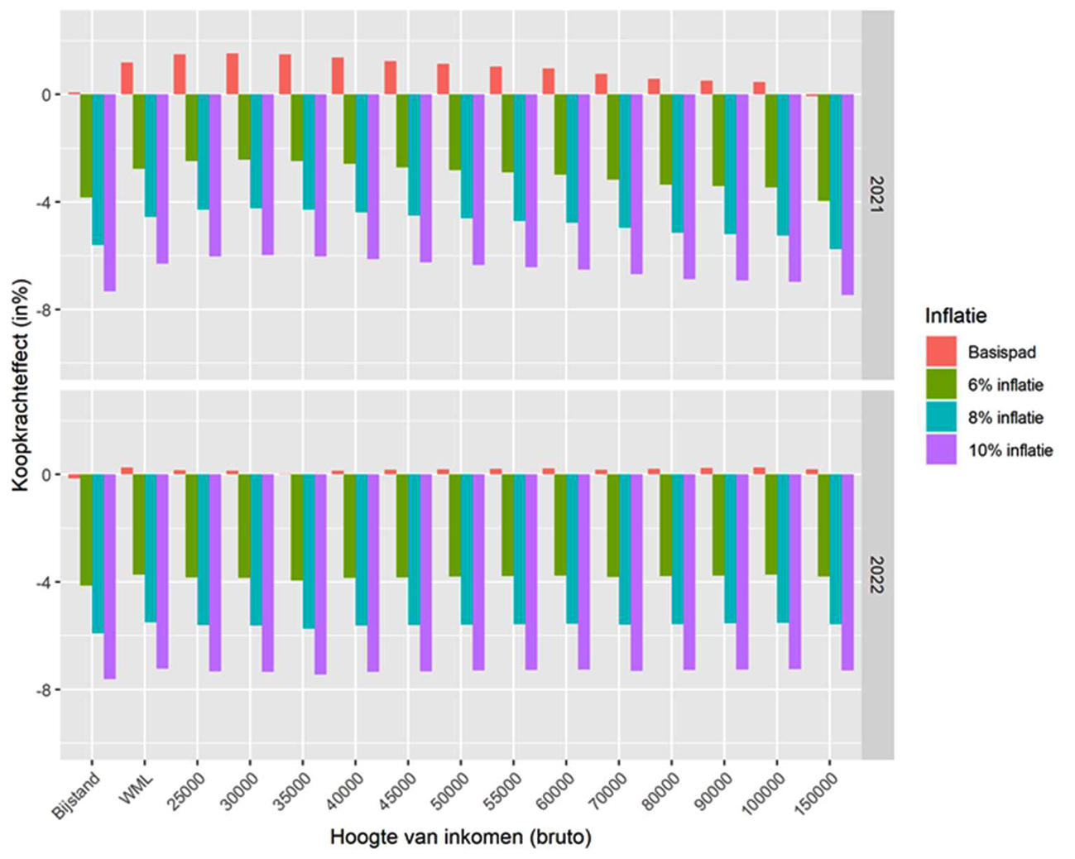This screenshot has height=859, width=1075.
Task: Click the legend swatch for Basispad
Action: [x=941, y=352]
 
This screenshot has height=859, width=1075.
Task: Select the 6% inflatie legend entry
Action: [x=1005, y=385]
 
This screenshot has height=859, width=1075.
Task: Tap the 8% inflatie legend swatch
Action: [x=941, y=417]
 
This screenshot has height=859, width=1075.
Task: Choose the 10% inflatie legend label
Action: [x=1010, y=450]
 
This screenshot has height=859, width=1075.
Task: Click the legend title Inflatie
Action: [x=955, y=316]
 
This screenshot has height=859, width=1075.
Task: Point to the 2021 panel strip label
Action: [x=877, y=194]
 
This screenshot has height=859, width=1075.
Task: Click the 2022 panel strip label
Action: [x=877, y=574]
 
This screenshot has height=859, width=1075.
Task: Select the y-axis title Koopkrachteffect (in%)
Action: [x=21, y=385]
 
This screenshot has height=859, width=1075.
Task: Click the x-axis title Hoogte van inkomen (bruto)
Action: [x=460, y=837]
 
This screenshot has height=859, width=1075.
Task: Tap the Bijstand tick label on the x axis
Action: [x=77, y=794]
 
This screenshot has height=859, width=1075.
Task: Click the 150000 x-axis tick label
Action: [x=816, y=794]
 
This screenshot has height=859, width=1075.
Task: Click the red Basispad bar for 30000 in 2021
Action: [x=233, y=74]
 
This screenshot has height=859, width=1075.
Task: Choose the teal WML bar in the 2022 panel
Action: [x=151, y=548]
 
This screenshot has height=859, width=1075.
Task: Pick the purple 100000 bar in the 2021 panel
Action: [x=794, y=188]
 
